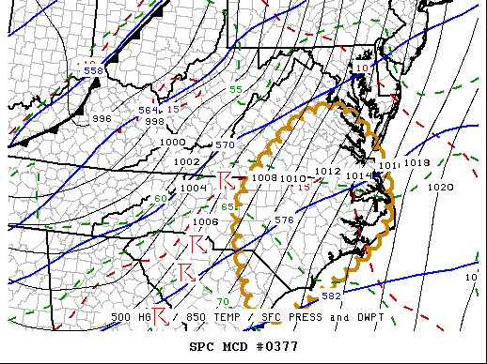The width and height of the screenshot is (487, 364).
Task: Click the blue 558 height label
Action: coord(93,70)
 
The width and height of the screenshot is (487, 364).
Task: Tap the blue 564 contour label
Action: coord(149,110)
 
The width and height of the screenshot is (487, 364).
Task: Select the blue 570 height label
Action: coord(225,145)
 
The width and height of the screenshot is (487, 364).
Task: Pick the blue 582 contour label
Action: coord(331,296)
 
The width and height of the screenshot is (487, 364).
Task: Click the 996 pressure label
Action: coord(102,119)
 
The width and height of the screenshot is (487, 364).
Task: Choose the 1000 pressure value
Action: coord(173,142)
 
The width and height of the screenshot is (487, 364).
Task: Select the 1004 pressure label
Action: coord(193,188)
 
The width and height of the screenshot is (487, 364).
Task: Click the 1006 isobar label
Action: coord(206,222)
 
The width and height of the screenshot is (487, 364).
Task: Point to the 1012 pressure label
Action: coord(327,171)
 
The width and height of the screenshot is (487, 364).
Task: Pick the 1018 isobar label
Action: coord(416,163)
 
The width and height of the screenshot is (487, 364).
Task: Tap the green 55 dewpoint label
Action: coord(236,89)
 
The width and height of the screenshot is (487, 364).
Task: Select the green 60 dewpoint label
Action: coord(161,198)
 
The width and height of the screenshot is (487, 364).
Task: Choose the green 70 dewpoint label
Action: coord(223,301)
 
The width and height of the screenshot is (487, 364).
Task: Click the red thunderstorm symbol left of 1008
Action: coord(225,179)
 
